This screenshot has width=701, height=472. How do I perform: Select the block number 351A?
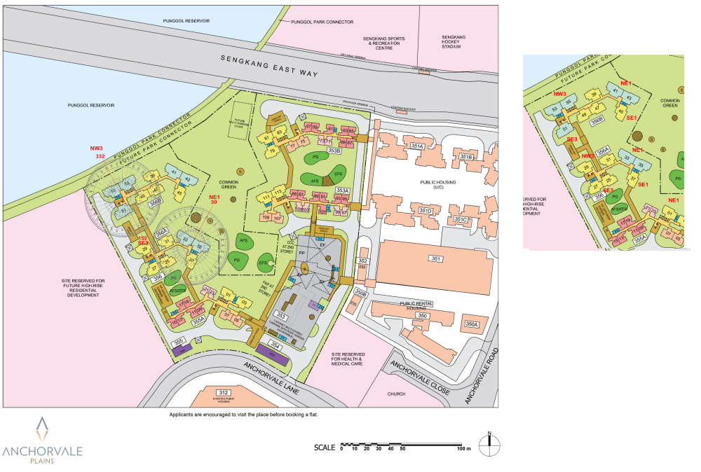pos(418,146)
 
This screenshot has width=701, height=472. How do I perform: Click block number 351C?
pos(460,220)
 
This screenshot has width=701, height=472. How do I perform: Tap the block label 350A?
pos(471,324)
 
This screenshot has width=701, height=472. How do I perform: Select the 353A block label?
pos(342,190)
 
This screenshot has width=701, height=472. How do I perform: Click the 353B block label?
pos(334,151)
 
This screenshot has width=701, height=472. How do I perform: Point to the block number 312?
pos(224,392)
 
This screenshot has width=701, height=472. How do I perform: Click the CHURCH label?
pos(397,394)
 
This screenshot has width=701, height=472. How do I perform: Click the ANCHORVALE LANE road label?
pos(272,379)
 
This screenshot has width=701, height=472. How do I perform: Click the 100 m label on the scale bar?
pos(464,448)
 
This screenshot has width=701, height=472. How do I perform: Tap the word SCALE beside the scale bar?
pos(325,447)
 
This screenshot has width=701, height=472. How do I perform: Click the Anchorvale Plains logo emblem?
pos(43,429)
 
